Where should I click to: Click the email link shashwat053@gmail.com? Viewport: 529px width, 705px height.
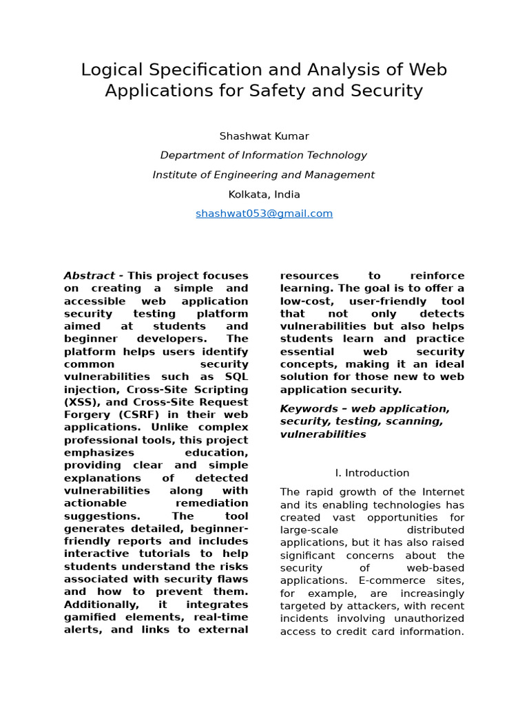pyautogui.click(x=264, y=213)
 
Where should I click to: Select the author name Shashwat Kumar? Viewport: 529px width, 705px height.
pyautogui.click(x=264, y=136)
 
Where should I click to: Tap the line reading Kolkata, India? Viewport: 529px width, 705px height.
pyautogui.click(x=264, y=194)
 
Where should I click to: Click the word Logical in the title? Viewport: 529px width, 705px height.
pyautogui.click(x=111, y=70)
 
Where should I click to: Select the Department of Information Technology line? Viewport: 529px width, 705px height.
pyautogui.click(x=264, y=156)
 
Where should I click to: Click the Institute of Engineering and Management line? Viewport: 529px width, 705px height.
pyautogui.click(x=264, y=175)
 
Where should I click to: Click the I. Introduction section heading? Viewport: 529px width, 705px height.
pyautogui.click(x=372, y=473)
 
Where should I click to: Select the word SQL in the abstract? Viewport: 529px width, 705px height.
pyautogui.click(x=236, y=377)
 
